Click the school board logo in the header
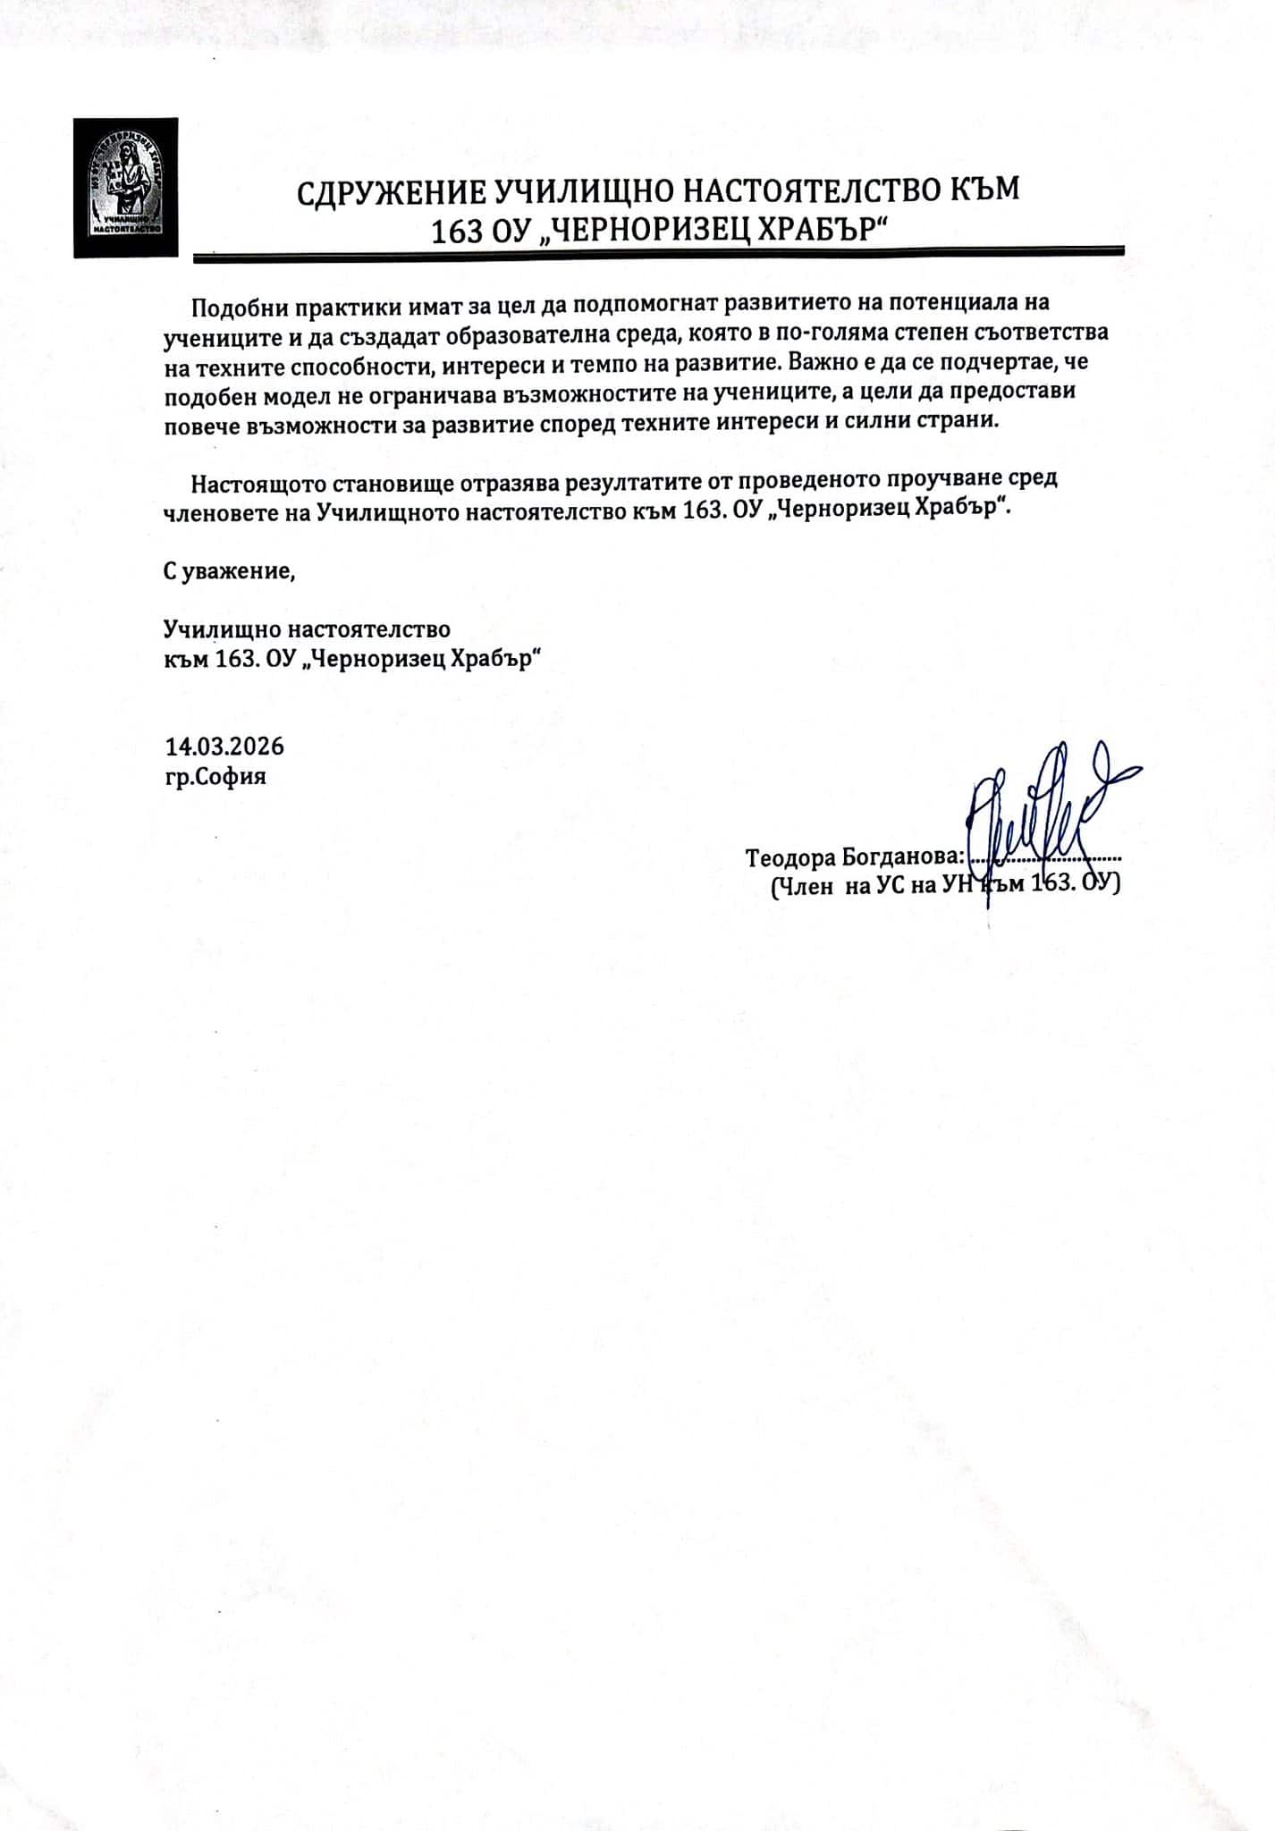pyautogui.click(x=125, y=188)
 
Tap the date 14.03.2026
pyautogui.click(x=224, y=747)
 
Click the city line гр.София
pyautogui.click(x=215, y=776)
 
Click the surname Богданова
pyautogui.click(x=904, y=857)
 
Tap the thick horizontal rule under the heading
pyautogui.click(x=658, y=256)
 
